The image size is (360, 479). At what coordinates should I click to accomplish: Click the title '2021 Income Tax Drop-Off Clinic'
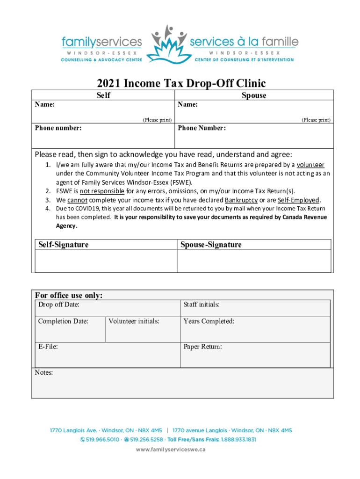(181, 84)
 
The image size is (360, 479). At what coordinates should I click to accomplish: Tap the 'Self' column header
(103, 95)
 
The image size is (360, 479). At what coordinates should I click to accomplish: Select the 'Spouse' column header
(254, 95)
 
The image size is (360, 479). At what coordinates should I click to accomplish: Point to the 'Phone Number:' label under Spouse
(202, 128)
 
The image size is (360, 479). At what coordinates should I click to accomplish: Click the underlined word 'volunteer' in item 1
(310, 165)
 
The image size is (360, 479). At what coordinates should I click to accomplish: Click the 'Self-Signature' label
(64, 245)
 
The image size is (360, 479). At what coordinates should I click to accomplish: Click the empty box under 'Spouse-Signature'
(254, 261)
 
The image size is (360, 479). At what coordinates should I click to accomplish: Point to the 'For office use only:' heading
(69, 295)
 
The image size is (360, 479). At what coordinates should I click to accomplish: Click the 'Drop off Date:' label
(58, 305)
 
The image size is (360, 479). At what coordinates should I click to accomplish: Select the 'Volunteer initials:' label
(134, 321)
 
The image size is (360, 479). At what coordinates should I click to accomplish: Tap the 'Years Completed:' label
(209, 321)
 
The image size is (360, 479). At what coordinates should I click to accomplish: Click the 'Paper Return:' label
(202, 347)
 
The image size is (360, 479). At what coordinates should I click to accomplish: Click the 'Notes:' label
(44, 372)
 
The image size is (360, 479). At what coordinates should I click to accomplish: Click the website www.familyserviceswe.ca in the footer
(171, 450)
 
